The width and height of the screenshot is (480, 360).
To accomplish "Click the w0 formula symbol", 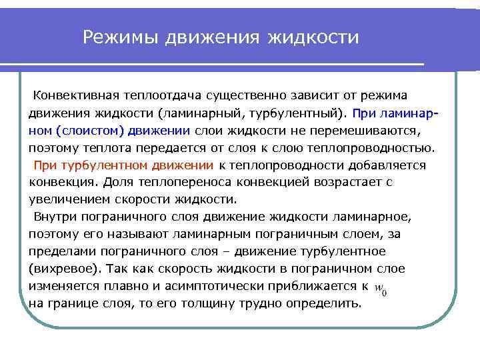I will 381,288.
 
